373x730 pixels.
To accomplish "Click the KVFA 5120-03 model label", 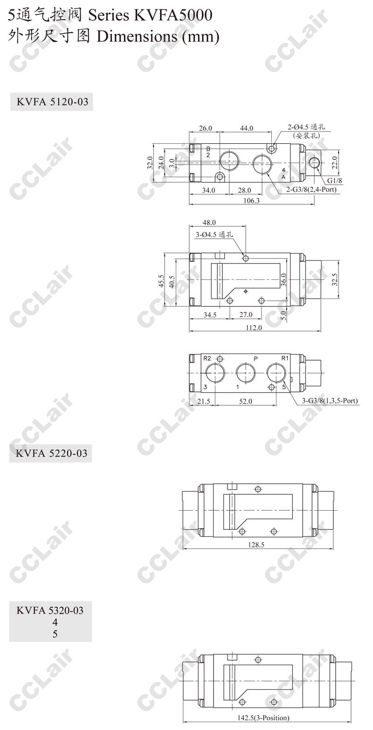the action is click(x=52, y=102).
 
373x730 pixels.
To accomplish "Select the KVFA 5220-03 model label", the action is click(x=51, y=453).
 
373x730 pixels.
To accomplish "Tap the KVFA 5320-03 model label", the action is click(x=50, y=610).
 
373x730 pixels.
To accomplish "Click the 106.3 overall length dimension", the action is click(x=251, y=201).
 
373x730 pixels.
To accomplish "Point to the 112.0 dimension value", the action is click(x=254, y=327).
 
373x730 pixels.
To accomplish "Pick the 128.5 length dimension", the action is click(x=256, y=544).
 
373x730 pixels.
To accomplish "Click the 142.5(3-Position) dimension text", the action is click(x=263, y=724).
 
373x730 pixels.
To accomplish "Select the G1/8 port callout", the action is click(x=335, y=181).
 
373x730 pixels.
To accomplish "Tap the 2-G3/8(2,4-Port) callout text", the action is click(x=311, y=189).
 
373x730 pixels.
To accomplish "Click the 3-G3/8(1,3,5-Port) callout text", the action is click(x=330, y=401).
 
